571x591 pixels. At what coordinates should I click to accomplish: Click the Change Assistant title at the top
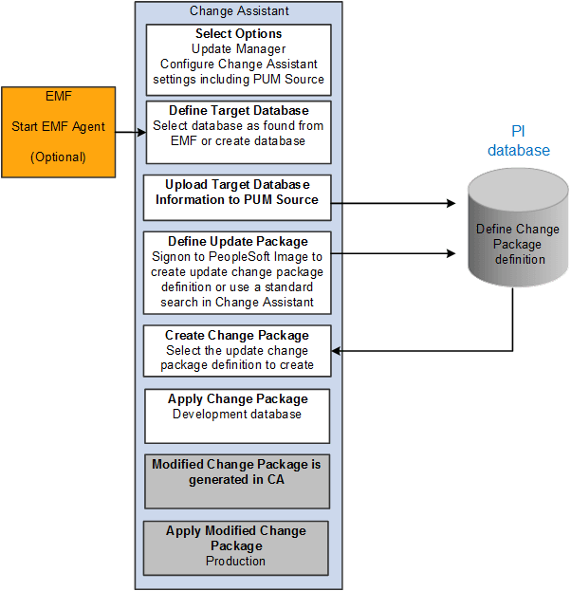pos(239,11)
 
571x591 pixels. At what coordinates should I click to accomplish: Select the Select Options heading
pos(239,34)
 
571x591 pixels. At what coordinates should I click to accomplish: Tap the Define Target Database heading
pos(238,111)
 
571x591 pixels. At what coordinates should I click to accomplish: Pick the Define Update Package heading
pos(237,241)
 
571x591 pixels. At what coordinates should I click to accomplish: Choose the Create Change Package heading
pos(237,335)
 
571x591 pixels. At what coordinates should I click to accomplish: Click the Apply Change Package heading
pos(238,399)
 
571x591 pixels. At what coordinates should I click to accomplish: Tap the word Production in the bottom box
pos(236,561)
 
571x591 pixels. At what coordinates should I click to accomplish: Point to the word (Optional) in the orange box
pos(58,157)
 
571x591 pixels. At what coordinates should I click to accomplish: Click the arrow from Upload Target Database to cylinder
pos(399,202)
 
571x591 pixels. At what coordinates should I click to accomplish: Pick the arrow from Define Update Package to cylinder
pos(399,253)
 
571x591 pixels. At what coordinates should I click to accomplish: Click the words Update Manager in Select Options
pos(238,48)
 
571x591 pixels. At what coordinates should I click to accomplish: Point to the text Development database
pos(237,415)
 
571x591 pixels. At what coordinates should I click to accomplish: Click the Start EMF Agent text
pos(59,126)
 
